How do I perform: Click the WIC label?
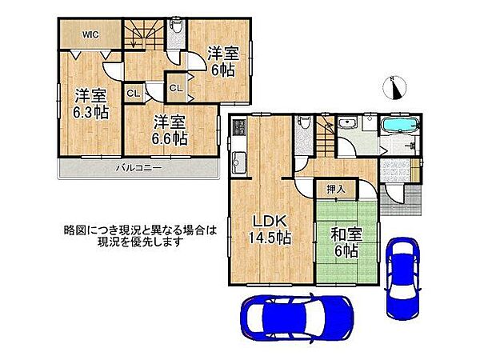tap(89, 34)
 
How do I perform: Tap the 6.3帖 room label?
tap(87, 101)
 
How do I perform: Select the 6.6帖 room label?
tap(170, 129)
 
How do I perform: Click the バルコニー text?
tap(138, 168)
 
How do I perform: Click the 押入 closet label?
tap(337, 189)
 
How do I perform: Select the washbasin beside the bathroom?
tap(348, 123)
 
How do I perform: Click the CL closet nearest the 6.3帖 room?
tap(134, 94)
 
